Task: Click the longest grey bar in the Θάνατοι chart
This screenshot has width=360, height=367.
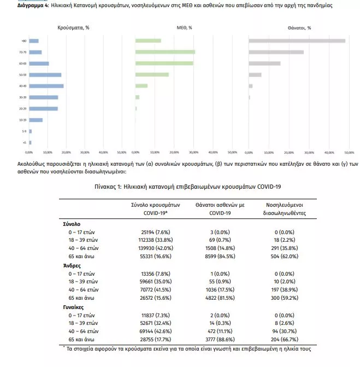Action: [x=297, y=40]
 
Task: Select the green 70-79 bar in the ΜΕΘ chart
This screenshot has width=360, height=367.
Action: [x=165, y=52]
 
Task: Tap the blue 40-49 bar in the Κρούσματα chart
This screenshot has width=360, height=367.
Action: [x=46, y=86]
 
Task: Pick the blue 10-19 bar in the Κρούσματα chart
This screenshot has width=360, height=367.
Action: [x=36, y=120]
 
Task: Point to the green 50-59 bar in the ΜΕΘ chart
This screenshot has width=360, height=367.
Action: [x=152, y=74]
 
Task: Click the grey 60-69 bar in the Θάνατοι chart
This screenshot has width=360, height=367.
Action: [x=264, y=63]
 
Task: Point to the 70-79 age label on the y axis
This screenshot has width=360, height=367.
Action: [x=22, y=52]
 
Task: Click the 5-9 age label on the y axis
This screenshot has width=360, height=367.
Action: [x=24, y=131]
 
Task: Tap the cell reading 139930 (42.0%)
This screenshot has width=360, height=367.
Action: [x=149, y=247]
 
